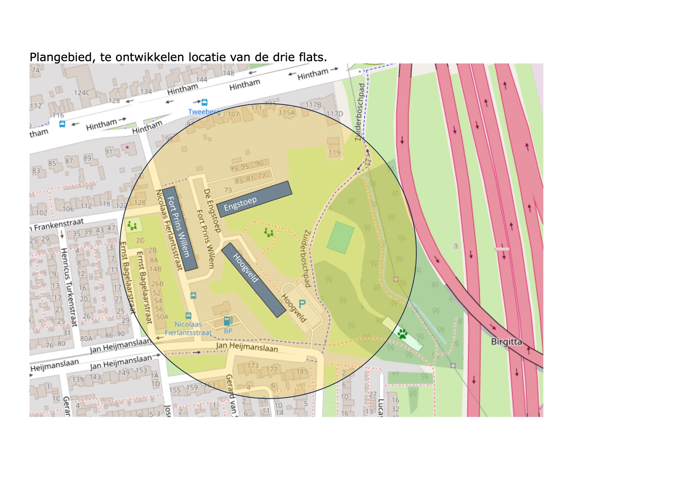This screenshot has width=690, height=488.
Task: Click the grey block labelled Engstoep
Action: [254, 199]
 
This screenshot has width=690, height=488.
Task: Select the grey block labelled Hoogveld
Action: [253, 280]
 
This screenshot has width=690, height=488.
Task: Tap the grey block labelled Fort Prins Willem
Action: [180, 228]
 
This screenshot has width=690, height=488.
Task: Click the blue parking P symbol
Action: [302, 304]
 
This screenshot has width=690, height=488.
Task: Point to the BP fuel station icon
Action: [228, 321]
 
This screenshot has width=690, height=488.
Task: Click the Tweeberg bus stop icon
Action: [204, 102]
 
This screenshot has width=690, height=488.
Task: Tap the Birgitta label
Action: [506, 341]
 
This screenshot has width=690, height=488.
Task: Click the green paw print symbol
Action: [402, 334]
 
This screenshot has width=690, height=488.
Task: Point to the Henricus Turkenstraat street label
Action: [69, 287]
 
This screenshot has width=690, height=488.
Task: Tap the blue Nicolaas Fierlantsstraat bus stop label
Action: [188, 328]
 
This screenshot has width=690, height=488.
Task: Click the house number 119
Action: [334, 153]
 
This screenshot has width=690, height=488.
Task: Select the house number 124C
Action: [82, 93]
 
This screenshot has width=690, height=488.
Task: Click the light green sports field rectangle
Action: [340, 238]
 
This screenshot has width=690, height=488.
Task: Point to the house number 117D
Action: [335, 114]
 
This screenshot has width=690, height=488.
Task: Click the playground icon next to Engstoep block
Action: [268, 233]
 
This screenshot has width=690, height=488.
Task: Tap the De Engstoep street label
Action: [212, 211]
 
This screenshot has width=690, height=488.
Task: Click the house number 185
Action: [302, 371]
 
